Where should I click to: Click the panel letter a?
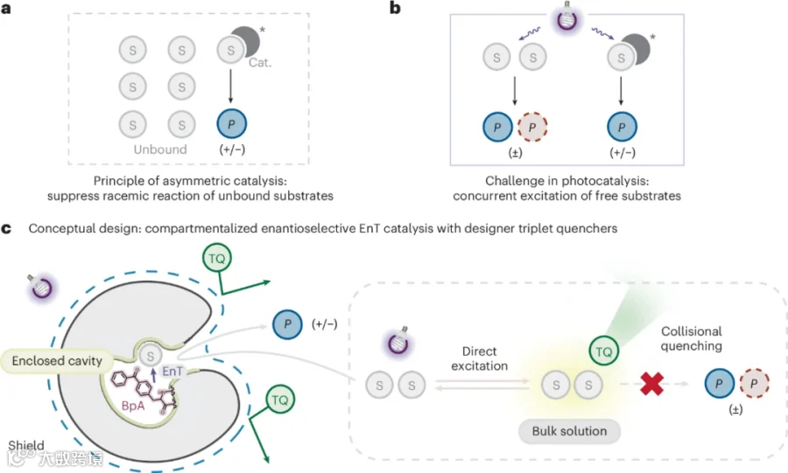(x=6, y=9)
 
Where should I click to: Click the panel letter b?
(x=395, y=8)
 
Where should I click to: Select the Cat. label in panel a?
(x=260, y=63)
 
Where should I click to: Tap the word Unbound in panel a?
(x=160, y=150)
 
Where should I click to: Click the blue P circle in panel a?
(x=232, y=124)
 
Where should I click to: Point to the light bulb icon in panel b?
(x=567, y=17)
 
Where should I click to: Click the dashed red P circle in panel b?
(x=532, y=127)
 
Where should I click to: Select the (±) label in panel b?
(x=515, y=152)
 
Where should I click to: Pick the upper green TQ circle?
(x=217, y=258)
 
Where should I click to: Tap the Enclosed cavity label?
(x=57, y=360)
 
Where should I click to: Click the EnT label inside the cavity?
(x=172, y=372)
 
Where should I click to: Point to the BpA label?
(x=133, y=406)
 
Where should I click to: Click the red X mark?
(x=651, y=384)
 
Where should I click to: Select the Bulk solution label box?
(x=569, y=431)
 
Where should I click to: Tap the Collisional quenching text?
(x=692, y=338)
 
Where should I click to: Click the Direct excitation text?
(x=480, y=358)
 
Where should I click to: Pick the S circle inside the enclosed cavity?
(x=150, y=356)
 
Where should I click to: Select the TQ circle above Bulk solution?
(x=603, y=351)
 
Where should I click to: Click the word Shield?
(x=26, y=445)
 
